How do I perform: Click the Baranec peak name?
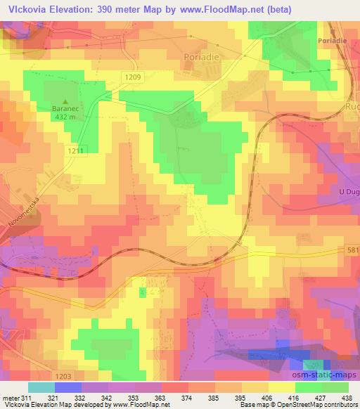click(x=67, y=109)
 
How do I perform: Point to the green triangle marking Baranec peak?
click(x=67, y=100)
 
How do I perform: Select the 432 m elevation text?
click(x=67, y=117)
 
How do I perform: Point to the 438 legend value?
click(x=347, y=398)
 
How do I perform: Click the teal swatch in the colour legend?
click(x=41, y=387)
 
